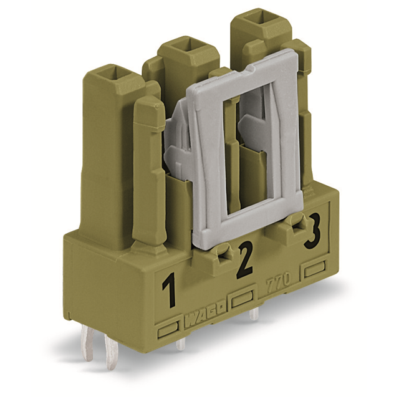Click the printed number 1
(x=168, y=290)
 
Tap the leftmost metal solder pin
(x=88, y=346)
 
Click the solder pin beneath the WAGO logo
(x=180, y=343)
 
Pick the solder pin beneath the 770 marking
(x=253, y=314)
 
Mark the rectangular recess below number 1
(x=169, y=329)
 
